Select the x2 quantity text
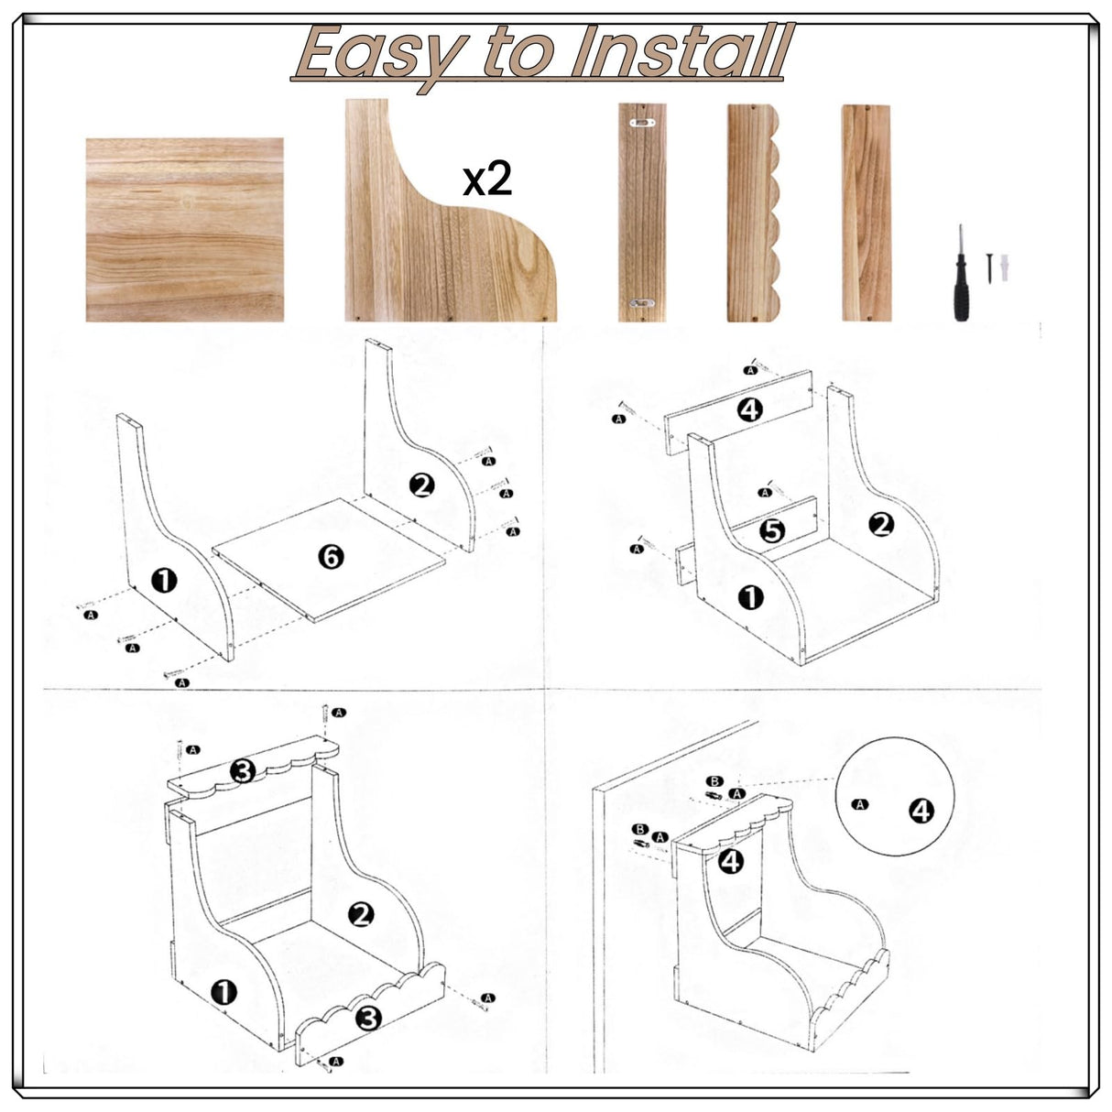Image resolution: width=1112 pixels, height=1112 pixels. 487,180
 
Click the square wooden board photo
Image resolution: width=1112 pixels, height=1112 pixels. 184,230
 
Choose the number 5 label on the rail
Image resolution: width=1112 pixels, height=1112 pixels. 772,529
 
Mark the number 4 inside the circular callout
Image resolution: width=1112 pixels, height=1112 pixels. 921,810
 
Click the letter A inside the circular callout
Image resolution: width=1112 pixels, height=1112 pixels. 859,804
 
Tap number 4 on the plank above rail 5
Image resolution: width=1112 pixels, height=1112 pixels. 749,409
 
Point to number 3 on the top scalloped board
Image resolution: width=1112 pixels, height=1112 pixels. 242,771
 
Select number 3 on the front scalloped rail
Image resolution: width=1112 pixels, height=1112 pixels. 367,1017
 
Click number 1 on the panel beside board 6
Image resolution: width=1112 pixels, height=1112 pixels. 164,580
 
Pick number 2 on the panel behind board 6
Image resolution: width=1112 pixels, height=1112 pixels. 421,485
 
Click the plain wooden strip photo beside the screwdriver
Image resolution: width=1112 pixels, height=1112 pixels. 866,212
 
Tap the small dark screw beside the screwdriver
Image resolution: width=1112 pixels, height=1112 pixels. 989,267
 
